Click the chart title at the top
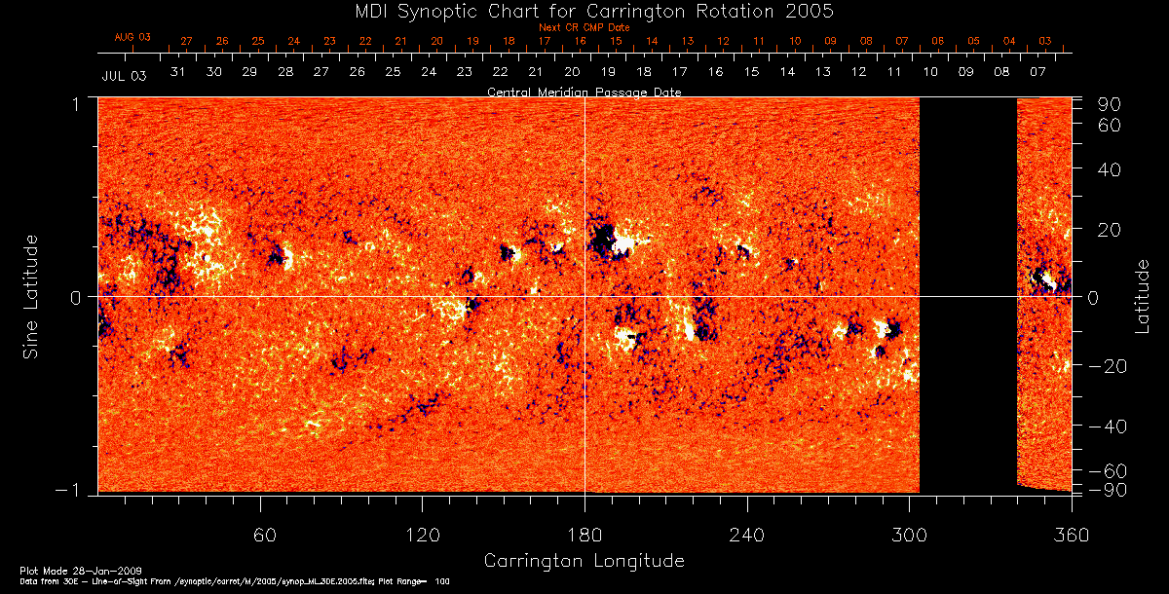(584, 11)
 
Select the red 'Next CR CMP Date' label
(584, 27)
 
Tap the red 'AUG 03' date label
(132, 38)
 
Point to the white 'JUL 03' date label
(124, 75)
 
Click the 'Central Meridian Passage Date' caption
(584, 92)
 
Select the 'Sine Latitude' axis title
(31, 296)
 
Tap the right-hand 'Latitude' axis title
(1143, 296)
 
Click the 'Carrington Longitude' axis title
(584, 561)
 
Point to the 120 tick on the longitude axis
(422, 535)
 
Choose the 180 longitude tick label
(584, 535)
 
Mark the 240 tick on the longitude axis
(747, 535)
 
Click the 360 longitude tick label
(1072, 535)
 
